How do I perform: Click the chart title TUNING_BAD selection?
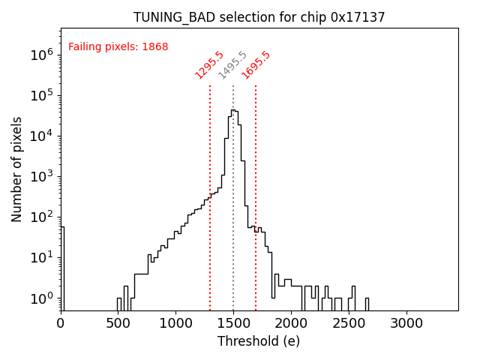tap(259, 17)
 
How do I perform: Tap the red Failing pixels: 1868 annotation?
tap(118, 47)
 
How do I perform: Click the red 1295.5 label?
tap(209, 65)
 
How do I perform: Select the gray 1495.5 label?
tap(232, 65)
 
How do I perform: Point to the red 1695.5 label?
tap(256, 65)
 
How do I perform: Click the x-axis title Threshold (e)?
tap(259, 341)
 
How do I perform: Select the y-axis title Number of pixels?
tap(17, 169)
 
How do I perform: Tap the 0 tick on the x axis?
tap(61, 323)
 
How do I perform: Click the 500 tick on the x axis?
tap(118, 323)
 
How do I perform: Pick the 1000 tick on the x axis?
tap(175, 323)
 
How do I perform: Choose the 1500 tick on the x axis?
tap(233, 323)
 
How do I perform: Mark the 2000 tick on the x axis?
tap(291, 323)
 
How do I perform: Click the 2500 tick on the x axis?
tap(349, 323)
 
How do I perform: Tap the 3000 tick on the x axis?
tap(406, 323)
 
